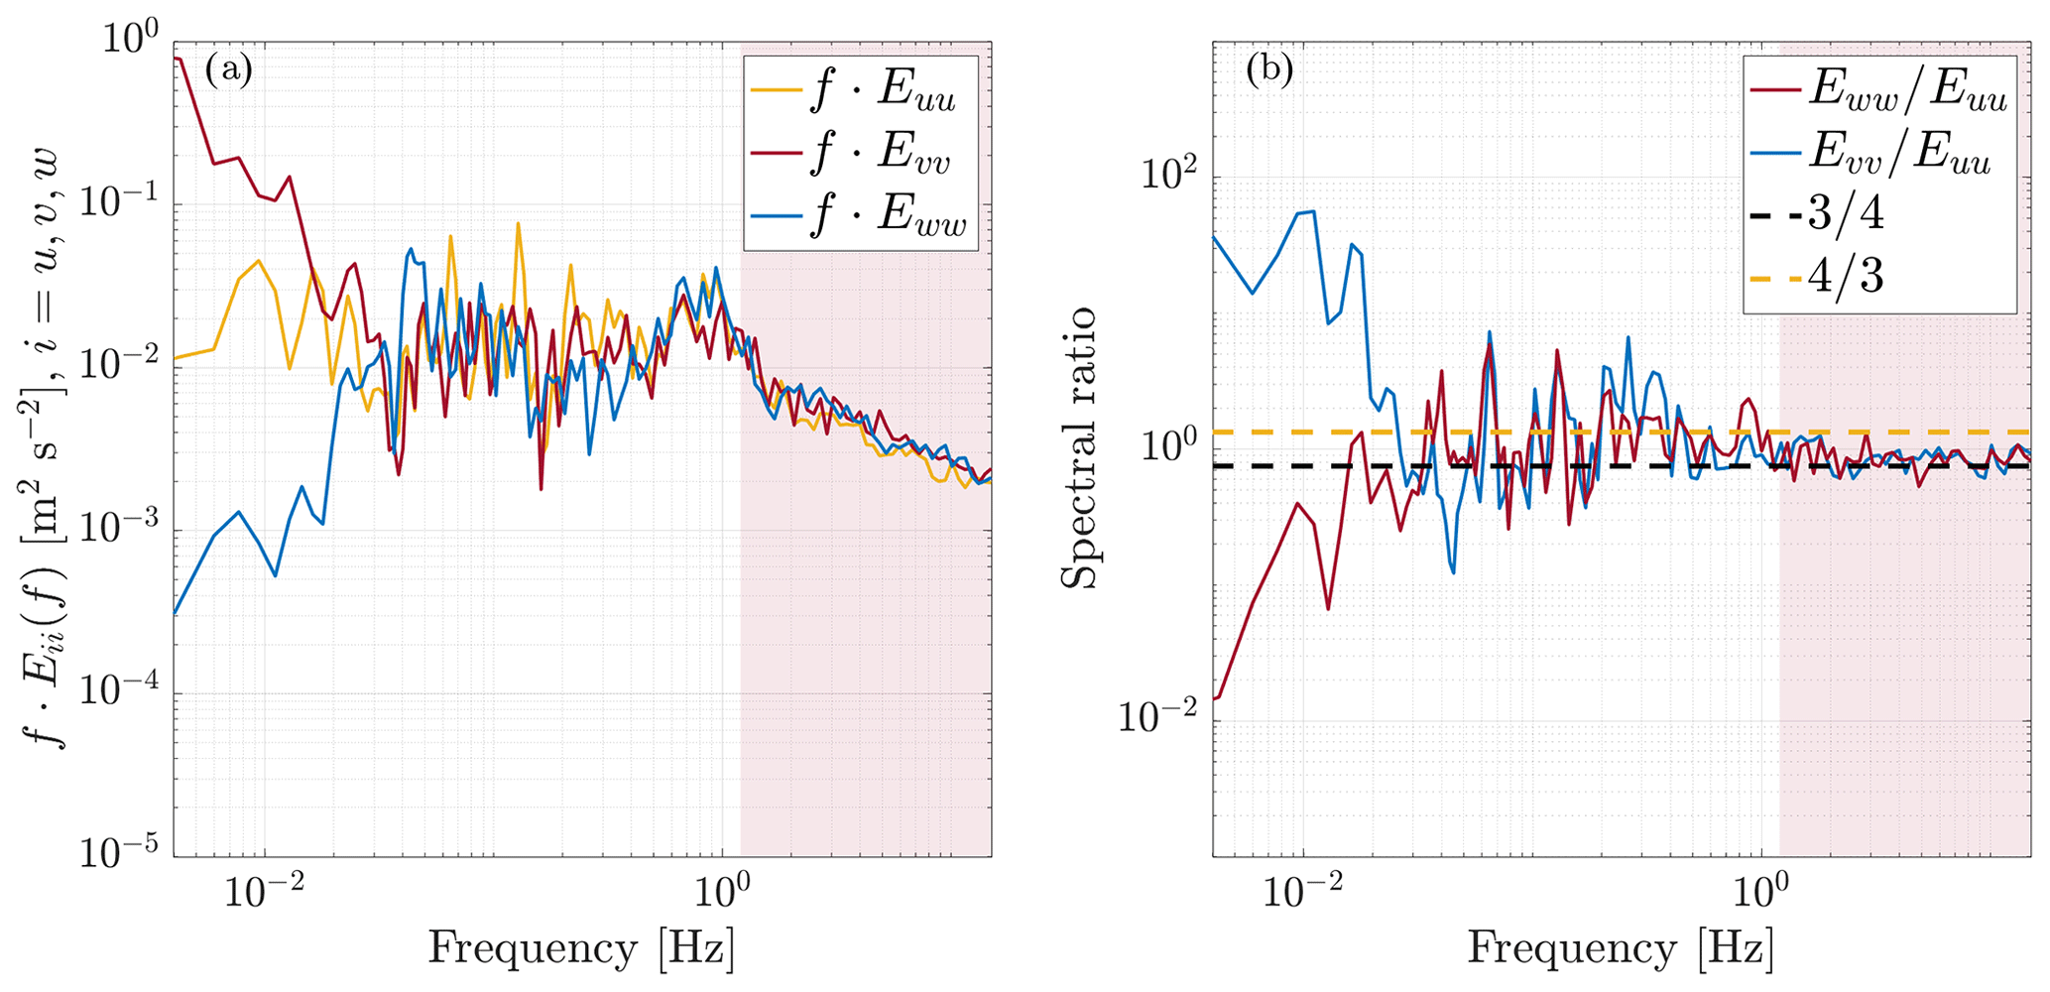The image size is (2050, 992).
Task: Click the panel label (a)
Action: pos(228,70)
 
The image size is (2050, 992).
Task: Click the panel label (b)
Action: pos(1268,70)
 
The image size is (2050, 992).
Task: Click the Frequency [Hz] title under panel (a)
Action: pos(581,949)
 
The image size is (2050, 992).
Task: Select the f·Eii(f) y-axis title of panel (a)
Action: pos(44,447)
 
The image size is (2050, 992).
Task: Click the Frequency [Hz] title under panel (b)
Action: pos(1621,949)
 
